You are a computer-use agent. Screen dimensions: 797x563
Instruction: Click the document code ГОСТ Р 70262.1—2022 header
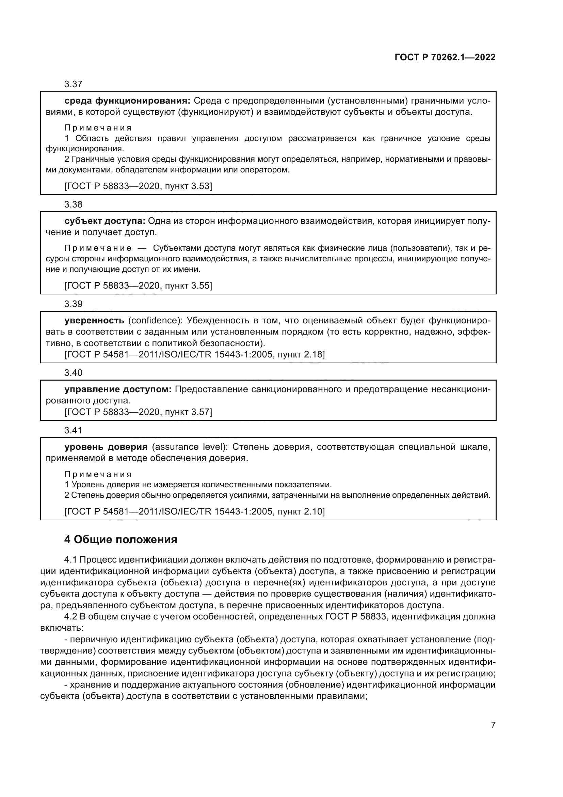point(445,57)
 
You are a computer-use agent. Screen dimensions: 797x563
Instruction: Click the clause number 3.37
point(73,85)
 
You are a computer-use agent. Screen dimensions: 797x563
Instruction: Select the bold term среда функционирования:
point(127,101)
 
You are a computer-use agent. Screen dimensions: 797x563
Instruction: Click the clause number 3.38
point(73,204)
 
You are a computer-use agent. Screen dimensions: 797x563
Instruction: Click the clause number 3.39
point(73,304)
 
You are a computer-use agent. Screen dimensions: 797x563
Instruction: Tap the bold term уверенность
point(94,320)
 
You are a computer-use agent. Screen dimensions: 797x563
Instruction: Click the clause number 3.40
point(73,373)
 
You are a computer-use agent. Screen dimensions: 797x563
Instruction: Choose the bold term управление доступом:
point(118,389)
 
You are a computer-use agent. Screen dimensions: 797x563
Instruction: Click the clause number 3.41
point(73,430)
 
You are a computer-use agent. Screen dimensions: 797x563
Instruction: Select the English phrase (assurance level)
point(189,447)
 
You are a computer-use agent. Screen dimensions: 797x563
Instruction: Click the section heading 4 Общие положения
point(120,540)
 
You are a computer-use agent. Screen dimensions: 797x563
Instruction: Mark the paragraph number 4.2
point(71,617)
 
